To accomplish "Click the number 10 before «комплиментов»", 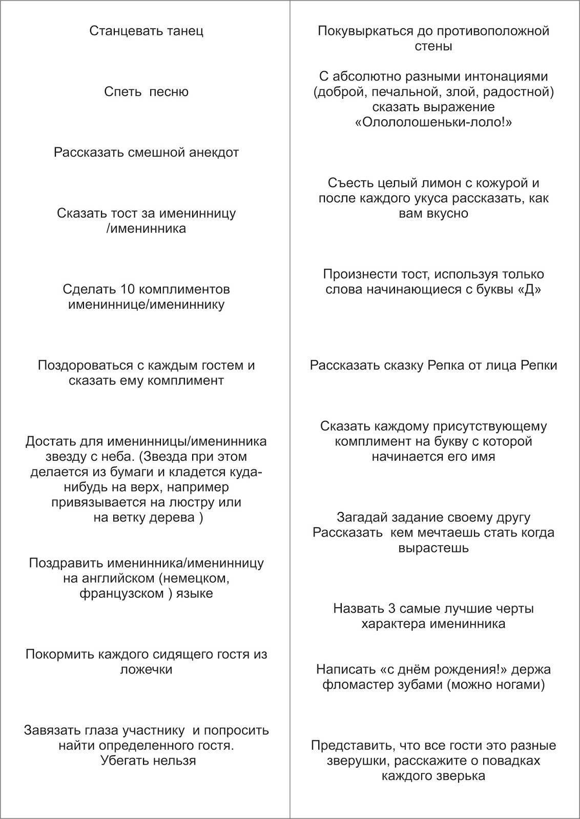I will [x=128, y=289].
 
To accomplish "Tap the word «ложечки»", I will [x=146, y=670].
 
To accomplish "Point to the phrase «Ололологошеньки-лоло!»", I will [x=433, y=122].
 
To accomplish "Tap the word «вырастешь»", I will [x=433, y=548].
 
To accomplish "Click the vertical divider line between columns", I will [x=290, y=409].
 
